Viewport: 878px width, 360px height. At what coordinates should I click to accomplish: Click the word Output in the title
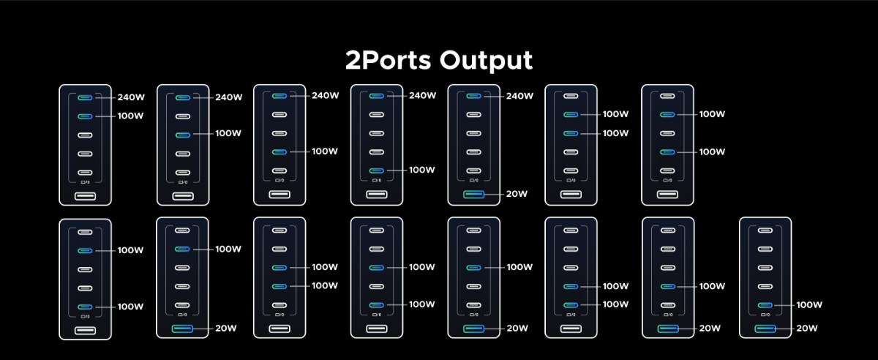487,61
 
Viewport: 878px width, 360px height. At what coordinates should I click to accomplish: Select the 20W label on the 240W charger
517,194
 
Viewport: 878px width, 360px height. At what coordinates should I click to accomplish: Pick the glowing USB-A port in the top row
473,195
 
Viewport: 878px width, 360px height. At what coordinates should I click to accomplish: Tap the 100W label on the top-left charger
131,116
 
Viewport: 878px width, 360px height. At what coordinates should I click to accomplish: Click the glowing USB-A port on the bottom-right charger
765,329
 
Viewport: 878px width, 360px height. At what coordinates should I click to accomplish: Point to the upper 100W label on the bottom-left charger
131,250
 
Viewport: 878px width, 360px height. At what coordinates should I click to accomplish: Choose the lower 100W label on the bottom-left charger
131,307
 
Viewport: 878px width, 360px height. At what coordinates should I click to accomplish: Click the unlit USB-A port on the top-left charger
85,195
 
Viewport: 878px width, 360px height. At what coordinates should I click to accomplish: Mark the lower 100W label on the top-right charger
712,152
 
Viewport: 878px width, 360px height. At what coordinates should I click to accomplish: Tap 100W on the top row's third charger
325,151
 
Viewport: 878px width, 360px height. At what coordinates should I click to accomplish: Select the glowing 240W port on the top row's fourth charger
376,96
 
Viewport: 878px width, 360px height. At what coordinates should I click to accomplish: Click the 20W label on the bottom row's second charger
227,329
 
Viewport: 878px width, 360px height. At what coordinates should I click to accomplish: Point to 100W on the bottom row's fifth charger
519,267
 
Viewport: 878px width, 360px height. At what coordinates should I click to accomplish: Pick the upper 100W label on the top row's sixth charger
615,114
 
